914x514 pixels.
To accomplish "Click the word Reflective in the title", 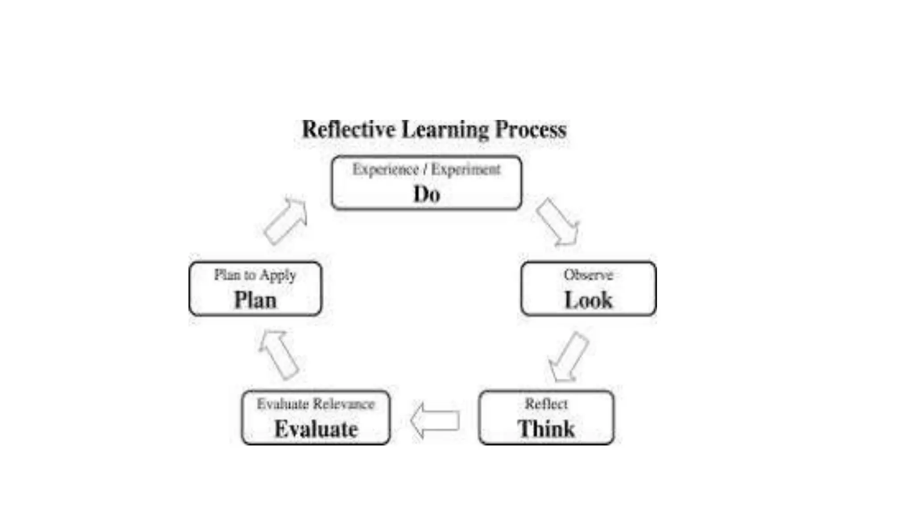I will pyautogui.click(x=349, y=130).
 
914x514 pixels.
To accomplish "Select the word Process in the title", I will pyautogui.click(x=531, y=130).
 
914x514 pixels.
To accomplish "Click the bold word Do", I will pyautogui.click(x=427, y=195).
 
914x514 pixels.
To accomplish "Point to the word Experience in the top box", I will pyautogui.click(x=386, y=170).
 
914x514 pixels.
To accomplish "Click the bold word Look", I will pyautogui.click(x=588, y=300).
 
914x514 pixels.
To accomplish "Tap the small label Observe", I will pyautogui.click(x=588, y=275).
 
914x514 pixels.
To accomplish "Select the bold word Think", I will pyautogui.click(x=546, y=429).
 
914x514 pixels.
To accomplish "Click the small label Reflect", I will pyautogui.click(x=546, y=404).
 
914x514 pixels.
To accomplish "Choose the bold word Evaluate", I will pyautogui.click(x=316, y=429).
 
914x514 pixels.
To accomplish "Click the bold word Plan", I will pyautogui.click(x=255, y=300).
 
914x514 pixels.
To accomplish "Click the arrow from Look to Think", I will pyautogui.click(x=568, y=357).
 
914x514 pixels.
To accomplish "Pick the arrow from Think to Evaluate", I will pyautogui.click(x=435, y=420).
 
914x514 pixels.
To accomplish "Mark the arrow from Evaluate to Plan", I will pyautogui.click(x=278, y=355).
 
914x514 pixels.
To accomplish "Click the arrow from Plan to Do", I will pyautogui.click(x=286, y=221).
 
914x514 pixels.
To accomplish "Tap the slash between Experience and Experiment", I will pyautogui.click(x=425, y=170).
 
